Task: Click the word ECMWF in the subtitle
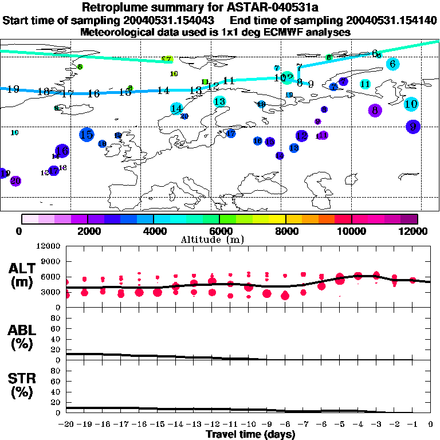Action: coord(276,33)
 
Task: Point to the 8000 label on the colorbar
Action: coord(285,231)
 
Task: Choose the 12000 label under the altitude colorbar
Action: coord(415,231)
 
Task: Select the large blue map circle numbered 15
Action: coord(87,135)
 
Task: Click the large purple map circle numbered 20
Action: coord(15,180)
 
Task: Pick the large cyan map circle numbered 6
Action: coord(392,64)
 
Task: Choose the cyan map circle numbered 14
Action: coord(176,108)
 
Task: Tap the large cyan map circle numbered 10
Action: coord(411,104)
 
